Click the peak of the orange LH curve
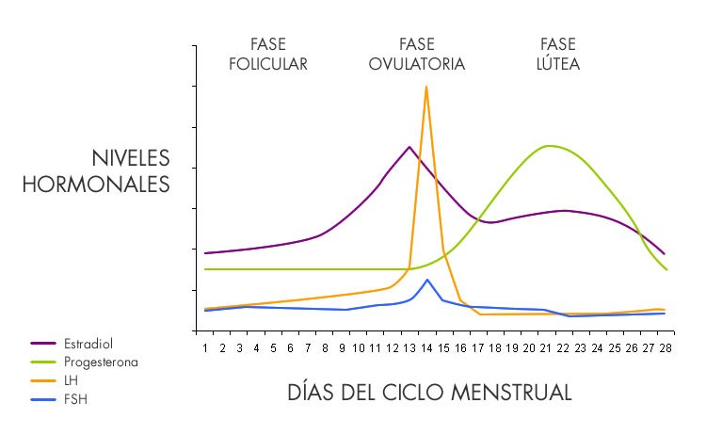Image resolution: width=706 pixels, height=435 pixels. point(426,87)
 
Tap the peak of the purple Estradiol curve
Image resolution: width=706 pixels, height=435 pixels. point(409,147)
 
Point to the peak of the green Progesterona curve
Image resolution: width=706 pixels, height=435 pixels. point(548,145)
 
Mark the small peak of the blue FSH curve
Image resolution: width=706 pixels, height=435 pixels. point(427,280)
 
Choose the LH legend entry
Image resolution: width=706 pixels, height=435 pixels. point(72,380)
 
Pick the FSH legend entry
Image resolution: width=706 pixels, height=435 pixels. point(73,399)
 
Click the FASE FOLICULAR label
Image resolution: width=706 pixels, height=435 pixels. point(267,55)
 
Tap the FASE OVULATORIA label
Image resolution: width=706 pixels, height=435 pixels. point(417,55)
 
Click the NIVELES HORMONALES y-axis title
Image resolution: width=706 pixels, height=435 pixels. point(95,170)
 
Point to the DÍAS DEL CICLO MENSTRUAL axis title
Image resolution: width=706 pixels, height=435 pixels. point(429,392)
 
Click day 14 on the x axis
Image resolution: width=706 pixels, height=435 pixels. point(426,347)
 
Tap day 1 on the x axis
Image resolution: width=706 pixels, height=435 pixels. point(205,347)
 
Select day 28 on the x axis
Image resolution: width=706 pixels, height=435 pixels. point(666,347)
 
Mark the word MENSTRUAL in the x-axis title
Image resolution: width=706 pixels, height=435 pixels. point(521,392)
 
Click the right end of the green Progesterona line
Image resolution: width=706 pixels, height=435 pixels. point(666,269)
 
